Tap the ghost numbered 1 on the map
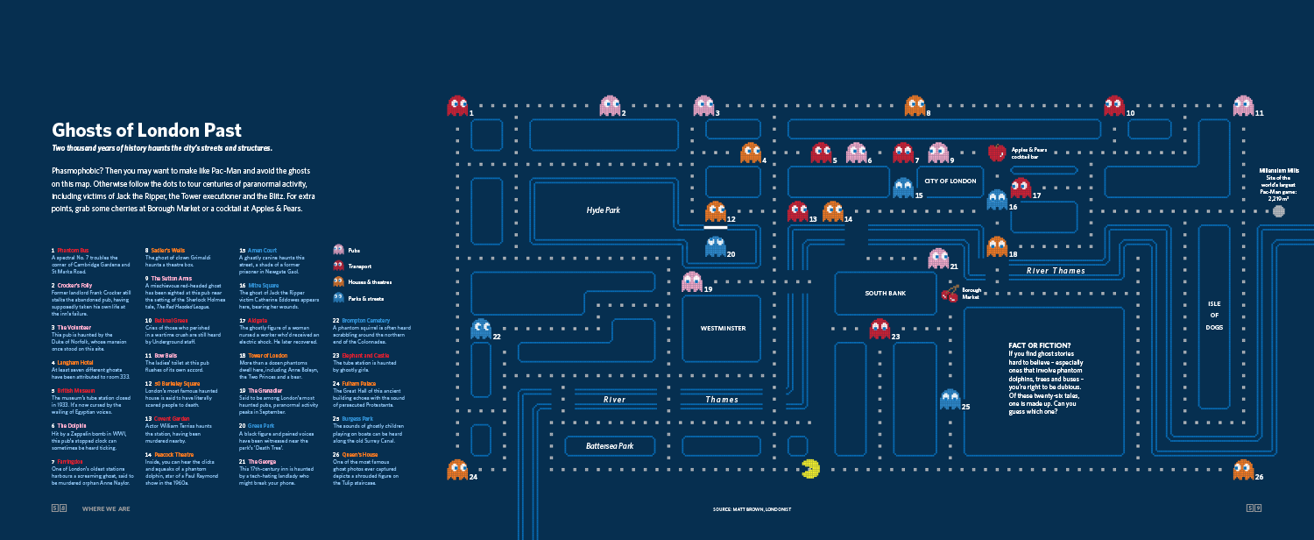pos(457,106)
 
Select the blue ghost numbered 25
pos(950,400)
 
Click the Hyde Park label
pos(603,210)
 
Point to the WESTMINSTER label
pos(723,328)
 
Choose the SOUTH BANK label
pos(885,293)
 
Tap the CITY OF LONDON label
pos(950,181)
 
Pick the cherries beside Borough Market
pos(950,293)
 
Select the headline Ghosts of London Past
pos(146,131)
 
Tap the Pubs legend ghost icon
pos(338,250)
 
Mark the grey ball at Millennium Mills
pos(1278,211)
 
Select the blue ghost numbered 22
pos(480,329)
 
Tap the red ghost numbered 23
pos(880,329)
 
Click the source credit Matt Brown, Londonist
pos(752,508)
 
